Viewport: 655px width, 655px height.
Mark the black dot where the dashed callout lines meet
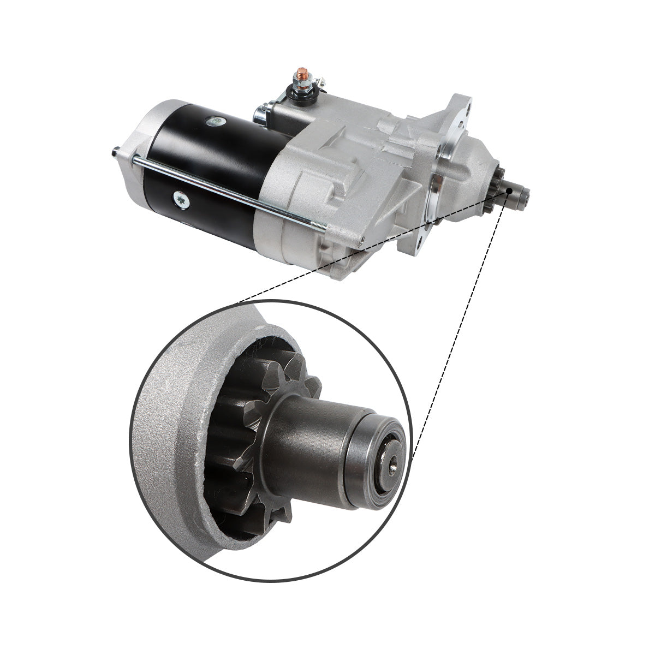click(509, 190)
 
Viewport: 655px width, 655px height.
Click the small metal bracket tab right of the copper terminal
click(322, 84)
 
